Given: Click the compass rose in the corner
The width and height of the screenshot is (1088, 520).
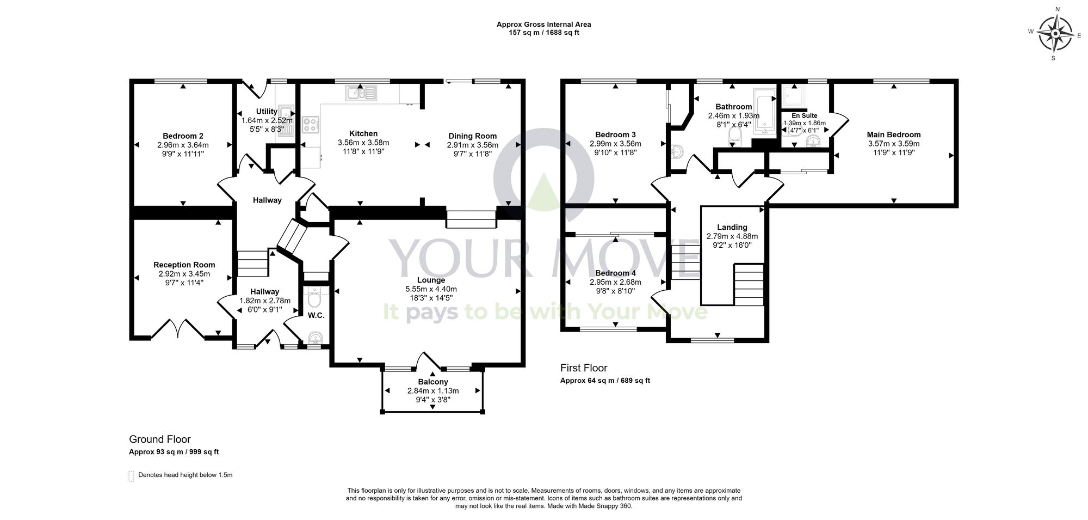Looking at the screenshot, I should pyautogui.click(x=1055, y=34).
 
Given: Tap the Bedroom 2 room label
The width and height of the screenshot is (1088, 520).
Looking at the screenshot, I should pyautogui.click(x=183, y=136).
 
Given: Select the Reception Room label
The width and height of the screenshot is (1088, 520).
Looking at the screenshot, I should pyautogui.click(x=184, y=265).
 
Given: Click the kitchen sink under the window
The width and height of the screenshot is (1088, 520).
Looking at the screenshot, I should pyautogui.click(x=361, y=94).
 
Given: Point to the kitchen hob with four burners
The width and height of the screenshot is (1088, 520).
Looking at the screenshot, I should pyautogui.click(x=311, y=125).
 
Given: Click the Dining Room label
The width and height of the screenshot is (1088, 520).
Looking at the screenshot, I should pyautogui.click(x=472, y=136).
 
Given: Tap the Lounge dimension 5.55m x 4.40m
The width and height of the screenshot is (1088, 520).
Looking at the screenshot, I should pyautogui.click(x=431, y=289).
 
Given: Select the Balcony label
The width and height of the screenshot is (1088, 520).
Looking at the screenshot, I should pyautogui.click(x=432, y=382).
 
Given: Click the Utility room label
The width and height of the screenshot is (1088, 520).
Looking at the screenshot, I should pyautogui.click(x=267, y=111).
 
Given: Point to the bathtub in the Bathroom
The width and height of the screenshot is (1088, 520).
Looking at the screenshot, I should pyautogui.click(x=765, y=113).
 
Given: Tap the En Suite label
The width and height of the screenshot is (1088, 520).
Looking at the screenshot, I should pyautogui.click(x=804, y=115).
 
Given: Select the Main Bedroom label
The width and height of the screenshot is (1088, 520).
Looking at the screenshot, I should pyautogui.click(x=893, y=134).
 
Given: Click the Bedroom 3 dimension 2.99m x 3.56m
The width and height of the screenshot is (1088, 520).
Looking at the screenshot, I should pyautogui.click(x=615, y=144).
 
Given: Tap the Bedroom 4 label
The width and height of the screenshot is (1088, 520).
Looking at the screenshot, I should pyautogui.click(x=615, y=273).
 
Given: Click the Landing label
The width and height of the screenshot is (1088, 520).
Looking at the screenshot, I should pyautogui.click(x=732, y=227).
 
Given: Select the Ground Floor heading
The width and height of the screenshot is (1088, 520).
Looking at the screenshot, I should pyautogui.click(x=159, y=439).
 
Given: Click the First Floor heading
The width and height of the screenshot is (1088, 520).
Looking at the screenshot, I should pyautogui.click(x=583, y=368).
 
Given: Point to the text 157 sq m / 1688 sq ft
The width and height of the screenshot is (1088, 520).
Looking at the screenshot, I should pyautogui.click(x=543, y=33).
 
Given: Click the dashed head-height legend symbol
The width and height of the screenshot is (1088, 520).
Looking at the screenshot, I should pyautogui.click(x=131, y=476).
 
